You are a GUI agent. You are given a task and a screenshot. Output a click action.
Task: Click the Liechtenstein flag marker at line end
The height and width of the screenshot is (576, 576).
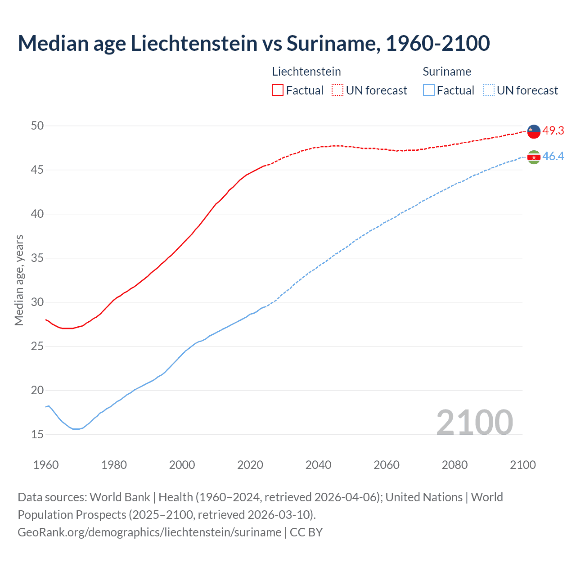534,131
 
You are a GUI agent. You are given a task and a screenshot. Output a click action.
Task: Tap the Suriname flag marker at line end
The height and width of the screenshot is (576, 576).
534,157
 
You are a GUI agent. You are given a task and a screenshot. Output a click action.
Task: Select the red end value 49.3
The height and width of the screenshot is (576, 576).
553,130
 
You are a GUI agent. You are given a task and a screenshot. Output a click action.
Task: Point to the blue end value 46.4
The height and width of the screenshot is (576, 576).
553,156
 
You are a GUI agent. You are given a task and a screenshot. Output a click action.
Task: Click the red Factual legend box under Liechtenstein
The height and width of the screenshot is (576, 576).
278,90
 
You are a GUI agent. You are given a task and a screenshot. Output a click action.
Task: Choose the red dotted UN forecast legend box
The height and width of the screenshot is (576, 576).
337,90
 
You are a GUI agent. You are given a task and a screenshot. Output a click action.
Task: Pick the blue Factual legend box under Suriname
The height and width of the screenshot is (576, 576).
429,90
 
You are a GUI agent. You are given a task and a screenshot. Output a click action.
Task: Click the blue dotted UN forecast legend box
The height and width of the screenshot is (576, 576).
489,90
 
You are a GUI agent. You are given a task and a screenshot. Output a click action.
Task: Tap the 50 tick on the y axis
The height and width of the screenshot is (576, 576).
37,126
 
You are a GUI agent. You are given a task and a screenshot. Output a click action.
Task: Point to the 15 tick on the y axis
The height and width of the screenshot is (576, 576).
37,434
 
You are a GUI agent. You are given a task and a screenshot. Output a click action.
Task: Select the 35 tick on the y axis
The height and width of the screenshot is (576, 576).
37,258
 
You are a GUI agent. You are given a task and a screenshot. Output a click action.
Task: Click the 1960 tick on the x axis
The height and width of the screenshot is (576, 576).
46,465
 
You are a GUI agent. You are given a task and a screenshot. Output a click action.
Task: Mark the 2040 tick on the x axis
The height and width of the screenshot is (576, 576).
318,465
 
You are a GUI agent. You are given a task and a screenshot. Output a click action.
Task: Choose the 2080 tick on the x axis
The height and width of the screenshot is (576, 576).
454,465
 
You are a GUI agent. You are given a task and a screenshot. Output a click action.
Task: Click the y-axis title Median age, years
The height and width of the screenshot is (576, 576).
19,280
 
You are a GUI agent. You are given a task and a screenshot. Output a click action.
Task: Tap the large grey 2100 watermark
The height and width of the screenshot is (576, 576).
474,422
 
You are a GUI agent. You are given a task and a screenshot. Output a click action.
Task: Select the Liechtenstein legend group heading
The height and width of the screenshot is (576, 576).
306,72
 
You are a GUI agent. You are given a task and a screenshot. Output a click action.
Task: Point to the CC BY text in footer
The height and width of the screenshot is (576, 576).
306,532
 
